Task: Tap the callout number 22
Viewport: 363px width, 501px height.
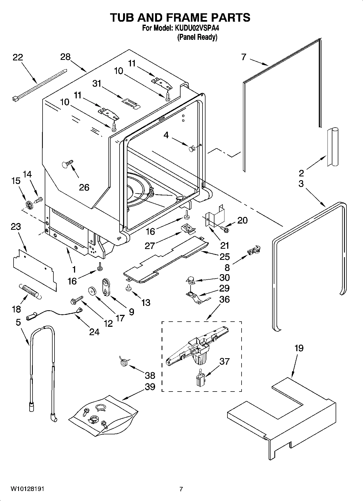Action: (18, 57)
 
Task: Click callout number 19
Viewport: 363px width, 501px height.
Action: (299, 348)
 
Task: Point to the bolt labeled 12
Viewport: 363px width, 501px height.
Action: (77, 300)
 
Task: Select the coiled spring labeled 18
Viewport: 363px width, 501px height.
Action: (30, 292)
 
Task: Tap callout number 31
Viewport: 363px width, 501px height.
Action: (97, 83)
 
